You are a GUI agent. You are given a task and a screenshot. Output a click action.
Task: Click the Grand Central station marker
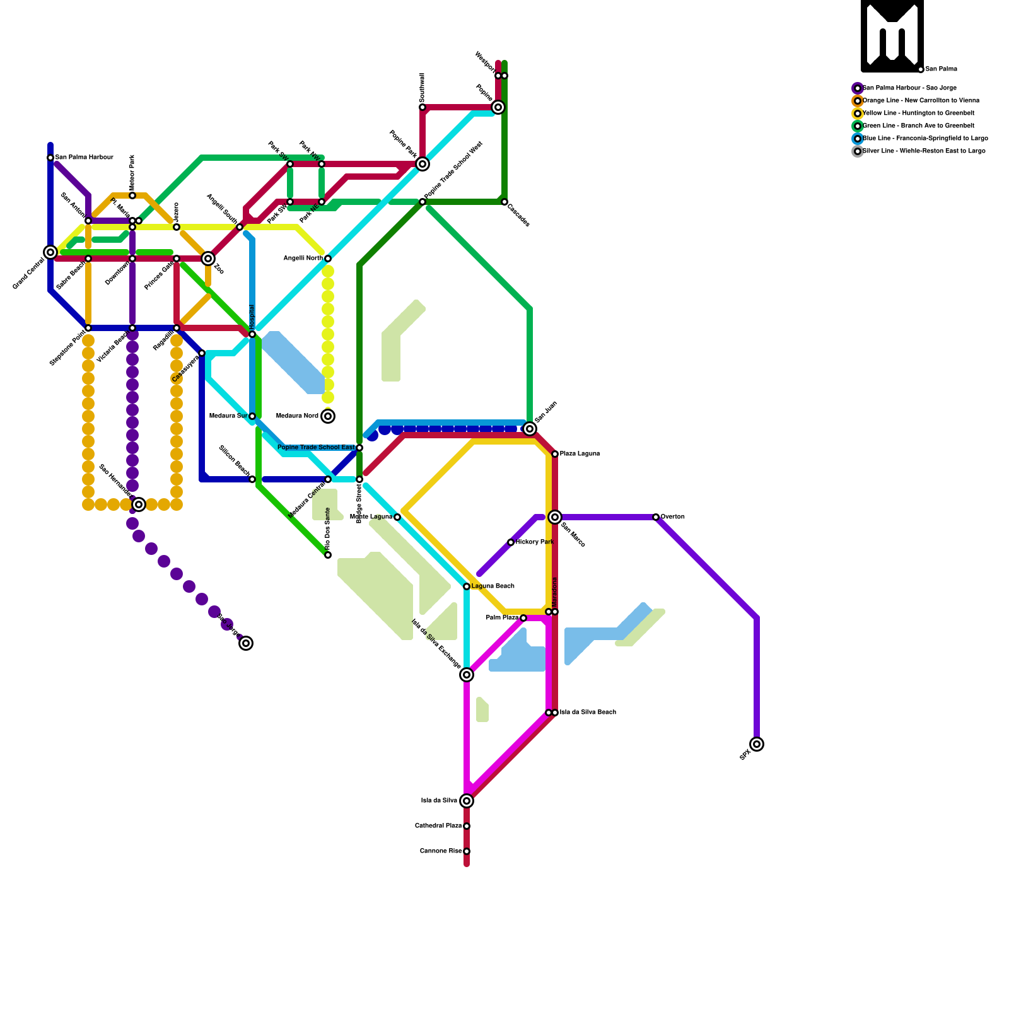coord(50,252)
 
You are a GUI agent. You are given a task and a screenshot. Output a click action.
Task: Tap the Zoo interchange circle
coord(208,259)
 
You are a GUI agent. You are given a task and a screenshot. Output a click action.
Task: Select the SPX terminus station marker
coord(757,744)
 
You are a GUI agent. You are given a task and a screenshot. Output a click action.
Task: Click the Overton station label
coord(672,517)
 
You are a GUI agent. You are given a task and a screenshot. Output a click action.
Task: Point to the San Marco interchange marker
coord(555,517)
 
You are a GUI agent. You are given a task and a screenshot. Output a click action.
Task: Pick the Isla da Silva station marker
coord(467,801)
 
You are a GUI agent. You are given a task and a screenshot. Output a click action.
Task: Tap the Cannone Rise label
coord(441,851)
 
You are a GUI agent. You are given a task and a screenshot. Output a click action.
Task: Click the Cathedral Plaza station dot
coord(467,826)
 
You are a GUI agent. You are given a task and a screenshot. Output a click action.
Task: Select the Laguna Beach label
coord(493,586)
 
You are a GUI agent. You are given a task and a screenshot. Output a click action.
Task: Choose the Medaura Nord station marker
coord(328,416)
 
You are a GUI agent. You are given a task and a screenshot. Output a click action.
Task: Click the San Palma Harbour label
coord(84,158)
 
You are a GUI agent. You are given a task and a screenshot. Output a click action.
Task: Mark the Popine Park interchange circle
coord(423,164)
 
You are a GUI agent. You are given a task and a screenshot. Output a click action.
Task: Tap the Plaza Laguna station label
coord(580,454)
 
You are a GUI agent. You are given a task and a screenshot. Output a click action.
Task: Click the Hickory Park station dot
coord(511,542)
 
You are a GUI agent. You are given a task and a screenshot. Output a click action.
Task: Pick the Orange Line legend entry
coord(921,101)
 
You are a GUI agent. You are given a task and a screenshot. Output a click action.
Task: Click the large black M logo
coord(892,36)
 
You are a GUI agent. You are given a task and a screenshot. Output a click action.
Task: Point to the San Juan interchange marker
coord(530,429)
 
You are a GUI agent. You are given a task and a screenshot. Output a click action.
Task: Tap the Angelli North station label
coord(303,259)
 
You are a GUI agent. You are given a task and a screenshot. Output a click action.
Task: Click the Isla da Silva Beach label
coord(588,713)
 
